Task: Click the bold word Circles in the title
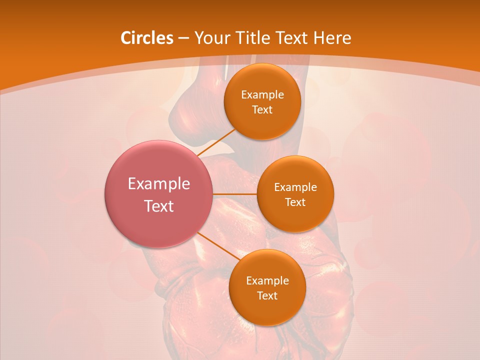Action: click(146, 38)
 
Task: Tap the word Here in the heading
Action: click(332, 38)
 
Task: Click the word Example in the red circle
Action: click(159, 184)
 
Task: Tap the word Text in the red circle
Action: click(159, 206)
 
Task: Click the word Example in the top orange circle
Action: click(262, 94)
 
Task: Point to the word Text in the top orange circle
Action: click(262, 109)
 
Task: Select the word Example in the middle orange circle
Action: click(295, 187)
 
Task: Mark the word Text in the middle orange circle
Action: click(295, 202)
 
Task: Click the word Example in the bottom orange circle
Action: click(267, 280)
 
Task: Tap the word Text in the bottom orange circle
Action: click(267, 295)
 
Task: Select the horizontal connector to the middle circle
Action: click(235, 194)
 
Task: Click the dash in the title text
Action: click(183, 38)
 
